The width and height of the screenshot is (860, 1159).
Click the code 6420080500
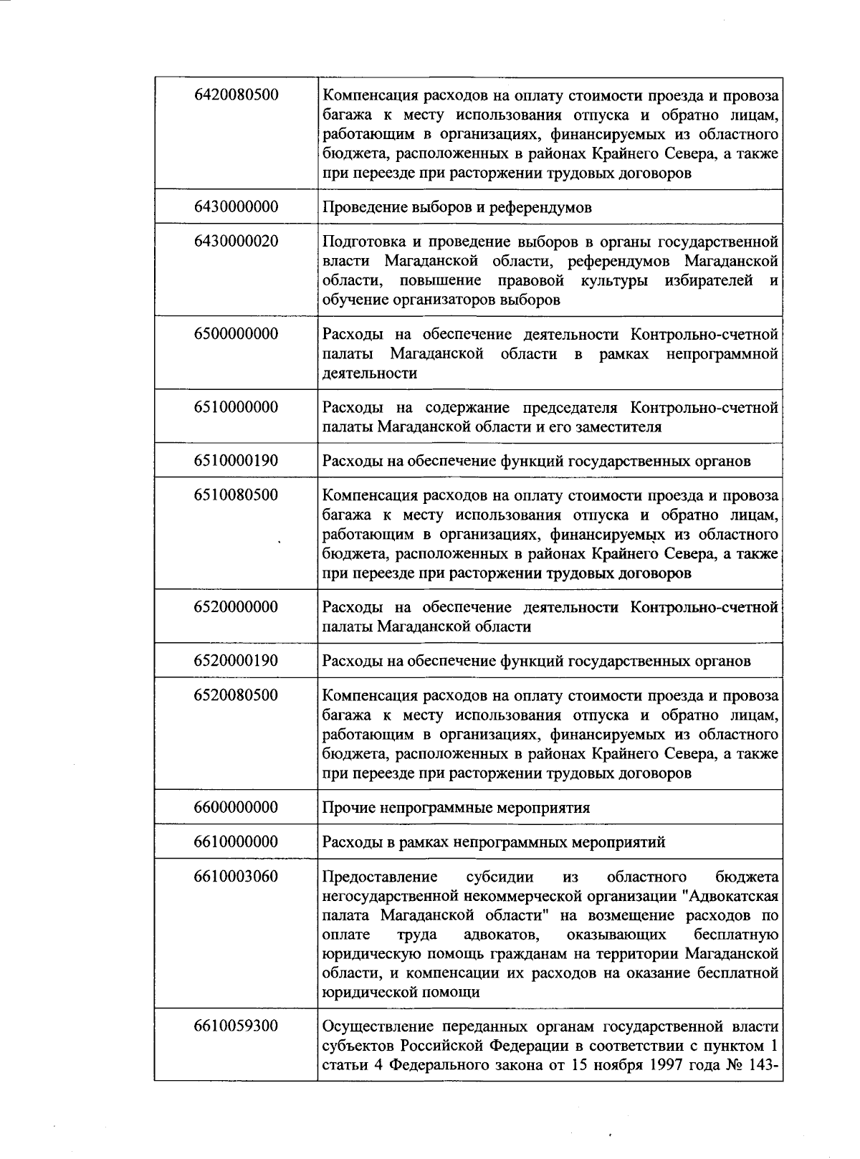236,95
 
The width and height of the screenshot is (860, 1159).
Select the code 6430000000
236,207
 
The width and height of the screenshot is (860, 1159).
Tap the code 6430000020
236,242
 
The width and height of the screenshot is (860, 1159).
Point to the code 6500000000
236,334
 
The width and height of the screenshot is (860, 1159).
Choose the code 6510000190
236,461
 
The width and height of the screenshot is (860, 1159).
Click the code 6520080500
236,695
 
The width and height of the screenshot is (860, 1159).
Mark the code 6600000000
236,808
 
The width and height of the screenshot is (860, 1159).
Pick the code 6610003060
236,877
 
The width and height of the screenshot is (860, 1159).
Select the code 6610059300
236,1026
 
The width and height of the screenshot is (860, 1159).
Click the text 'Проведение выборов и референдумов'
457,208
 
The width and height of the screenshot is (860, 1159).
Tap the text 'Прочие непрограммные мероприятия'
456,808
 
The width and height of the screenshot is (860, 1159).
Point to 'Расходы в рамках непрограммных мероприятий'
493,842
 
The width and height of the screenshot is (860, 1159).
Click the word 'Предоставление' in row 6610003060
380,877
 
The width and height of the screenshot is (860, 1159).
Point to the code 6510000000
236,408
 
